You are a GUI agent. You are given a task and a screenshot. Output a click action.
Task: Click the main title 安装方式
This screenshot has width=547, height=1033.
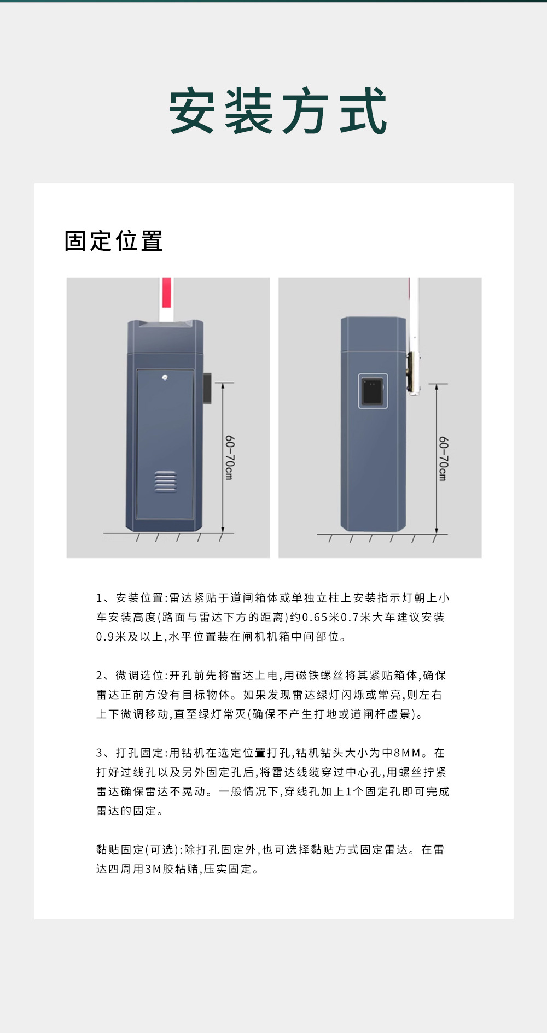tap(278, 111)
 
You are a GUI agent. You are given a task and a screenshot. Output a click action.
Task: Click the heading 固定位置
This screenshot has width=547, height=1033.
tap(113, 241)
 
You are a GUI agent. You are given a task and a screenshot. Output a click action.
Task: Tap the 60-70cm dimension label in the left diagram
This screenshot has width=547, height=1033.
tap(230, 457)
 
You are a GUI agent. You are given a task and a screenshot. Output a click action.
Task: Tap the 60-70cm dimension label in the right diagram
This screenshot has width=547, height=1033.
tap(443, 459)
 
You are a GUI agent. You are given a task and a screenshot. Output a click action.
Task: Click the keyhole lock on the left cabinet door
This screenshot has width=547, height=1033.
tap(165, 378)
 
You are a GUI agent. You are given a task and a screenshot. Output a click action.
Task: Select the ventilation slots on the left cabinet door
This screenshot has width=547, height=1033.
tap(165, 482)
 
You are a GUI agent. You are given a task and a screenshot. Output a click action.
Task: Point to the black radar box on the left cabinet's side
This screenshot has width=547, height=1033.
tap(208, 388)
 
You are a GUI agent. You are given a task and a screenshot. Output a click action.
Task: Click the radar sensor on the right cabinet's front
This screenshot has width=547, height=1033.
tap(373, 390)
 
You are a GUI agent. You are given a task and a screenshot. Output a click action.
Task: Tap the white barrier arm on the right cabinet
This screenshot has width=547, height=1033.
tap(414, 328)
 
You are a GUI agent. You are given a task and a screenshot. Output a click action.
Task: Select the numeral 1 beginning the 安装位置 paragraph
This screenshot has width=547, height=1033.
tap(99, 598)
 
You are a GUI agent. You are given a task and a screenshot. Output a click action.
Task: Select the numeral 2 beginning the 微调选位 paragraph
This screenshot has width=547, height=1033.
tap(99, 676)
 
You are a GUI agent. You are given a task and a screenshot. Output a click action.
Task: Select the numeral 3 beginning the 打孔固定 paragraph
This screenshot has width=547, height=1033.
tap(99, 753)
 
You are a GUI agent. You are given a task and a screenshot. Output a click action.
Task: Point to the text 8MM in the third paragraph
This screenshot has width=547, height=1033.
tap(408, 753)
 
